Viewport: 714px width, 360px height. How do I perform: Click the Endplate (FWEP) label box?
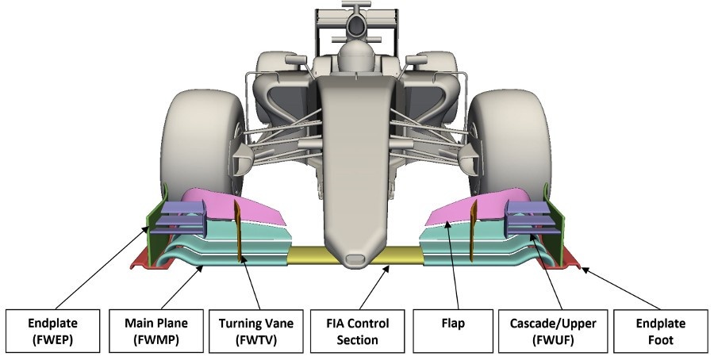point(52,331)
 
